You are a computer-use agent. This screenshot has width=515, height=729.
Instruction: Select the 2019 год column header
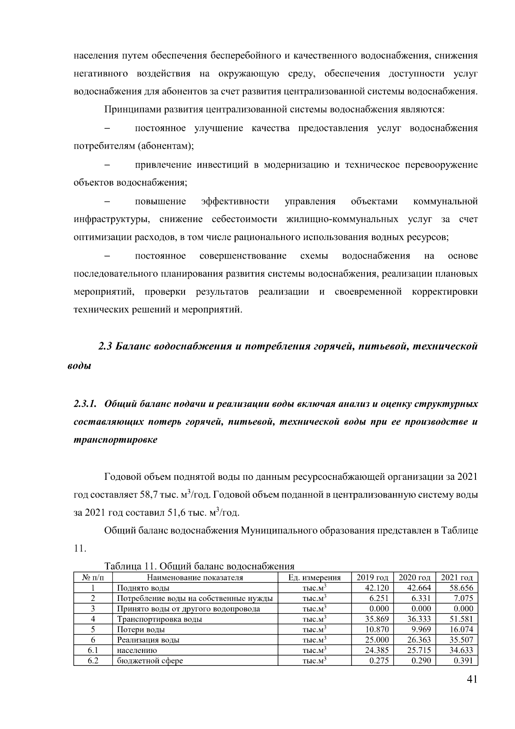point(372,578)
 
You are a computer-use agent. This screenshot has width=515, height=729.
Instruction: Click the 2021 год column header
point(457,578)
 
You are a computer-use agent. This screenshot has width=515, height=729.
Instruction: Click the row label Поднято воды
point(143,588)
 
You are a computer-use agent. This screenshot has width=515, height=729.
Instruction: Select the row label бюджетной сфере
point(150,660)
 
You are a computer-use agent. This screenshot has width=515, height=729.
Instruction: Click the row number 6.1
point(93,650)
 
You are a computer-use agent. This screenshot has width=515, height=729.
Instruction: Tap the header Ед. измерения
point(314,578)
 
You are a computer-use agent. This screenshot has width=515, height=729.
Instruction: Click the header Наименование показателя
point(195,578)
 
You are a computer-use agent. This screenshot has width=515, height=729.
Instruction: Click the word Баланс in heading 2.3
point(131,346)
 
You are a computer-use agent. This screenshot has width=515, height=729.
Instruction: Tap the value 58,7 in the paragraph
point(148,494)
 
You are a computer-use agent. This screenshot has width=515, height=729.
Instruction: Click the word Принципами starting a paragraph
point(131,110)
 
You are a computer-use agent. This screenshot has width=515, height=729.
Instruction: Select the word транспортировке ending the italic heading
point(115,440)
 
